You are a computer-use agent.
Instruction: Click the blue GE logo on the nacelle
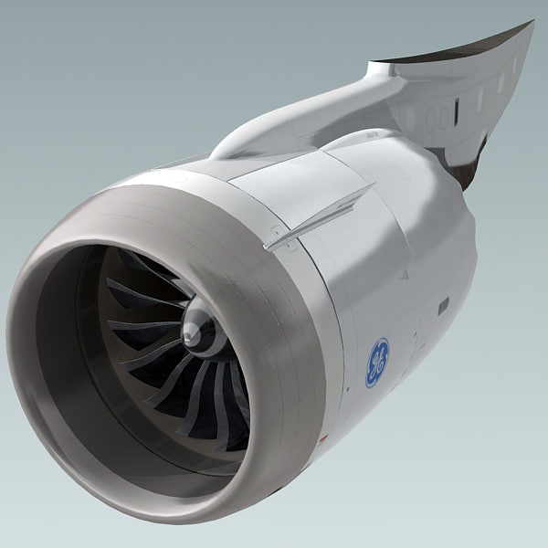377,362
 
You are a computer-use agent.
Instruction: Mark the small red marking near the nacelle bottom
321,438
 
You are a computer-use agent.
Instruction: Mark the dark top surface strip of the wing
457,55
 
